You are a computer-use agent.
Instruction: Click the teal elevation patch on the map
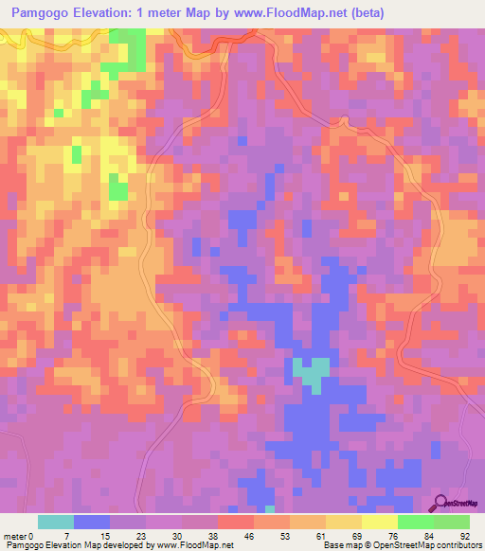(311, 371)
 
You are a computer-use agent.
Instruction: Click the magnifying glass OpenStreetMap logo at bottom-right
(458, 503)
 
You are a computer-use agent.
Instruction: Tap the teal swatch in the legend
(56, 522)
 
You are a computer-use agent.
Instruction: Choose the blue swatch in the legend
(92, 522)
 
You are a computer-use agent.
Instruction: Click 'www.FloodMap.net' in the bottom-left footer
(196, 545)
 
